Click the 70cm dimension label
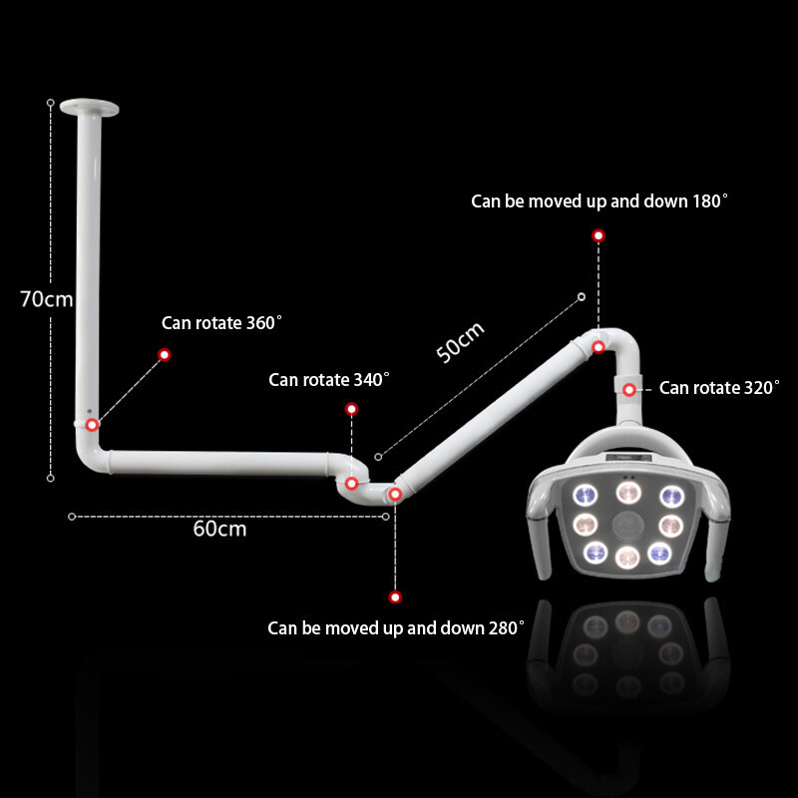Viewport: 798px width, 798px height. (47, 299)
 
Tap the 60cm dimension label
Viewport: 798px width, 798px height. (219, 529)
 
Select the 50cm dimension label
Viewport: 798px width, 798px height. (460, 342)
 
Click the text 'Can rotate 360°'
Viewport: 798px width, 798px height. (221, 322)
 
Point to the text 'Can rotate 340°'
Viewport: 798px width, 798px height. (329, 380)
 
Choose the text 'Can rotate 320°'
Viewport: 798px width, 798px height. (719, 388)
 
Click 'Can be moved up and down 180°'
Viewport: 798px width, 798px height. (599, 201)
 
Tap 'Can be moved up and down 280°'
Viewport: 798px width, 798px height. (395, 628)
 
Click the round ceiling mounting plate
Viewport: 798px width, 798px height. (89, 107)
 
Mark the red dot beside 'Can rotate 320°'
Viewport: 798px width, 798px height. (629, 390)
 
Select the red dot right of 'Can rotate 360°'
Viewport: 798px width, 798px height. (165, 355)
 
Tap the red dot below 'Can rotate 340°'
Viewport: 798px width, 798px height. (352, 409)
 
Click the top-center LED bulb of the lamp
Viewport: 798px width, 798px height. (628, 492)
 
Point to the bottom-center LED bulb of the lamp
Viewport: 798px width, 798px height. (627, 558)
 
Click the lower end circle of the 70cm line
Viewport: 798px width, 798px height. (51, 478)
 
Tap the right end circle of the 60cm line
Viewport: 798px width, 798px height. (386, 517)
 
